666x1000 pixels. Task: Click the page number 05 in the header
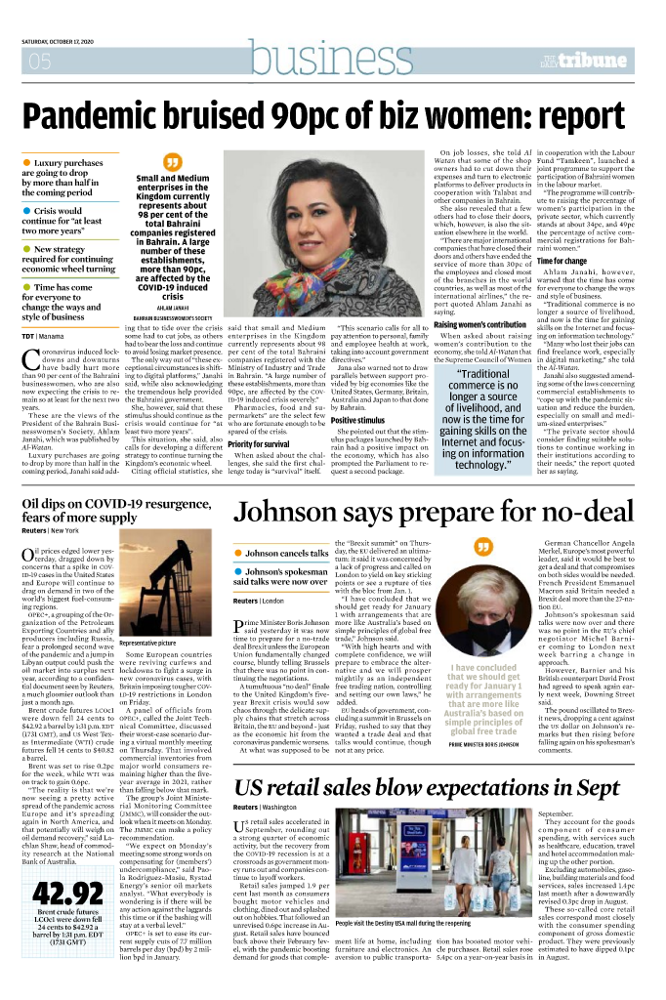41,63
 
